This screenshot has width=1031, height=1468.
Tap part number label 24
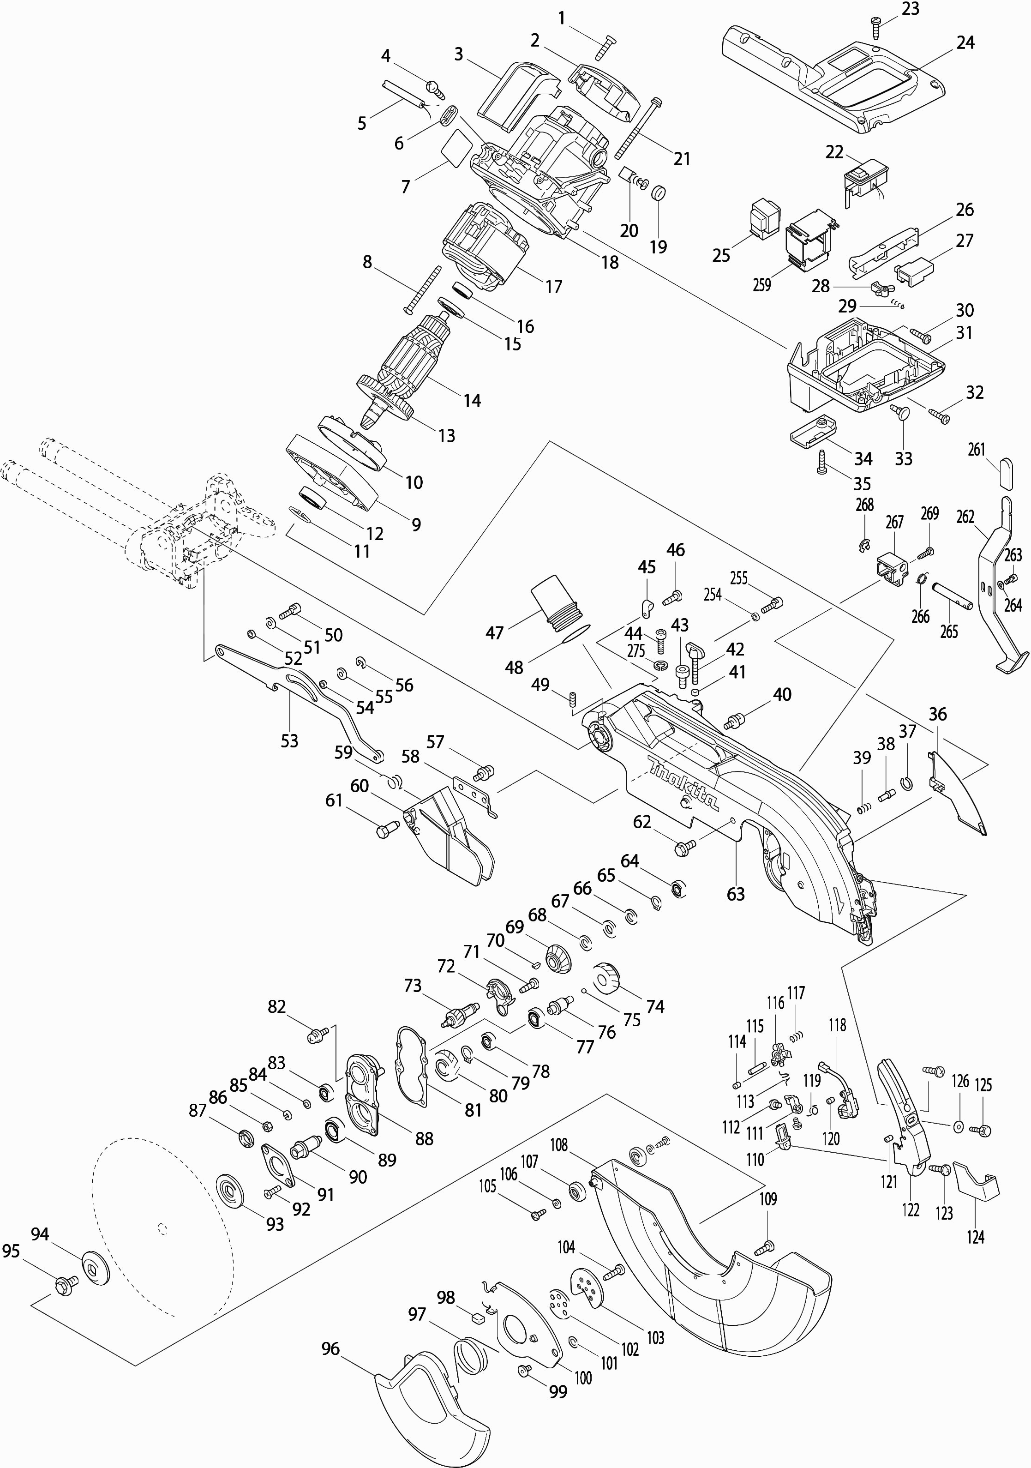[x=965, y=43]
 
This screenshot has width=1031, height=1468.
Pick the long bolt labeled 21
[x=639, y=128]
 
